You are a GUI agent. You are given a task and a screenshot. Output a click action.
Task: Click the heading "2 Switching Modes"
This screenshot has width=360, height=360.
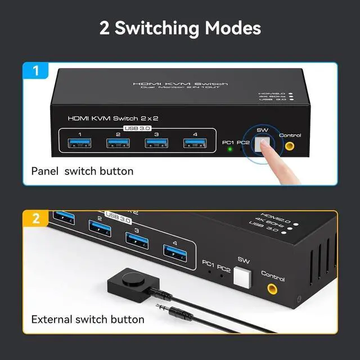click(180, 28)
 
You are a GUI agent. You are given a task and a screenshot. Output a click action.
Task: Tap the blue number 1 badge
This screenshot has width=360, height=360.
click(36, 72)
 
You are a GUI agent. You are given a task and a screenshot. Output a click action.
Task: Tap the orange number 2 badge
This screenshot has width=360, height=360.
click(36, 218)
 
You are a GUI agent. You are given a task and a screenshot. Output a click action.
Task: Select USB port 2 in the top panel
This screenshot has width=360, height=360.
click(118, 144)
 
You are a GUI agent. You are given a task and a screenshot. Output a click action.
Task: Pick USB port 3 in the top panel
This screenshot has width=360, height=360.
click(156, 144)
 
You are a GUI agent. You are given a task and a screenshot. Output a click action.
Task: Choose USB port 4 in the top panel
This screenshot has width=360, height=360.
click(193, 144)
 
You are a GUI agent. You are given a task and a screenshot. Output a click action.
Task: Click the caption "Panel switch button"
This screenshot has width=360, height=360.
click(82, 171)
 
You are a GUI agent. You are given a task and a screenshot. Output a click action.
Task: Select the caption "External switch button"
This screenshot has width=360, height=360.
click(88, 319)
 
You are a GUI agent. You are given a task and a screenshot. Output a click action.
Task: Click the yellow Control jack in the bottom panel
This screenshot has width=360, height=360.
click(272, 290)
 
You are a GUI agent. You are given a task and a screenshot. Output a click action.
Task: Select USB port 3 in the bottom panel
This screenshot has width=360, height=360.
click(138, 240)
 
